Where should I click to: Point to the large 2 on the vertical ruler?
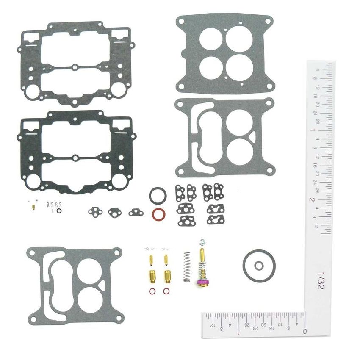coord(312,199)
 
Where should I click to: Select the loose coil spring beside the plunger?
coord(186,266)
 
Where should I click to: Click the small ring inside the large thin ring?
coord(259,266)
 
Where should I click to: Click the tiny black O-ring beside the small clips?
coord(59,210)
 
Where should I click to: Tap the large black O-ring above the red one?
coord(158,196)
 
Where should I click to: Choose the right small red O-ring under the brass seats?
coord(167,291)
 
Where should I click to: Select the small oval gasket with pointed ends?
coord(115,212)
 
